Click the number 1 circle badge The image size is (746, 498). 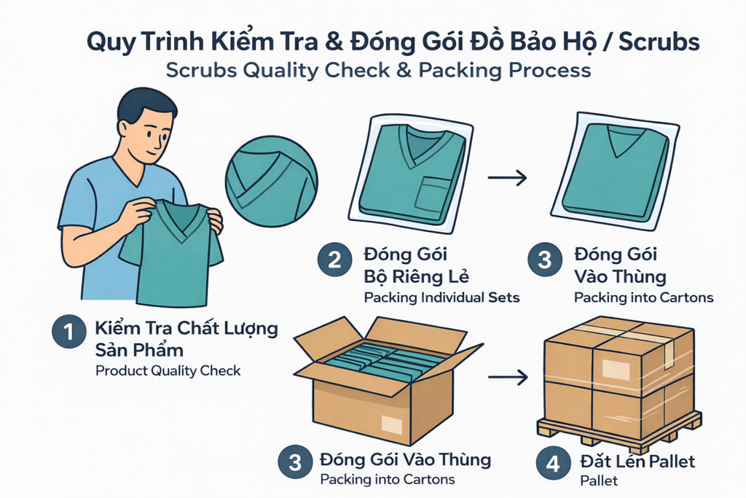click(69, 331)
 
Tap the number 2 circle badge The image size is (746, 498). click(334, 260)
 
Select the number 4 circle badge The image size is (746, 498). click(553, 463)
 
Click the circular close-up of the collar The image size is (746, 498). click(271, 182)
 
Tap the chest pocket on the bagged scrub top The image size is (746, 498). click(432, 193)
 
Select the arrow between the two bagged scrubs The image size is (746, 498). click(508, 178)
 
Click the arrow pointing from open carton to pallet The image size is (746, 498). click(508, 378)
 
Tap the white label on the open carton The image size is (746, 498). click(391, 424)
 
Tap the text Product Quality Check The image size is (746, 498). click(168, 371)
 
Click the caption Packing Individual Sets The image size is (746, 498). click(441, 297)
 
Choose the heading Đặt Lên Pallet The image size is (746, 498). click(637, 462)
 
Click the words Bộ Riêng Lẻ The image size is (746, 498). click(416, 276)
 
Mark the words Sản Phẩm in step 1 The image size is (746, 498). click(139, 350)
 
